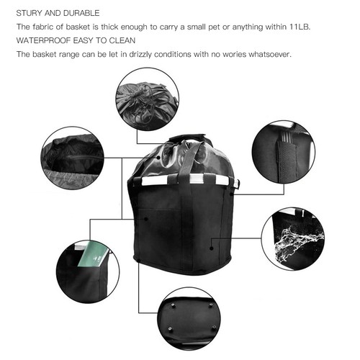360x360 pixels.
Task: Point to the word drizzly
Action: [140, 55]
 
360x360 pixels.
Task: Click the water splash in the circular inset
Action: [297, 243]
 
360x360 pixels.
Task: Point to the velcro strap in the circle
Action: [287, 160]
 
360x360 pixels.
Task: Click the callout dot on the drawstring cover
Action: [158, 158]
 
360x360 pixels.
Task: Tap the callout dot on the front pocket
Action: [145, 219]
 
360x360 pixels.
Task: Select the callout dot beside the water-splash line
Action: [211, 248]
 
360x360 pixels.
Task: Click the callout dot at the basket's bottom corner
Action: [138, 261]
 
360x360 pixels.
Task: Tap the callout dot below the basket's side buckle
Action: [231, 194]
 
